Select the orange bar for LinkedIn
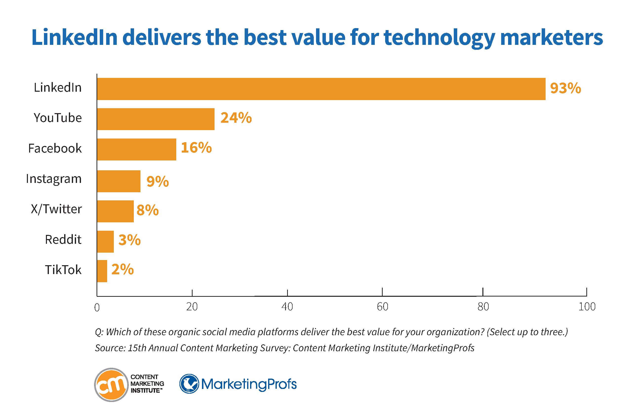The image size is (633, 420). coord(321,89)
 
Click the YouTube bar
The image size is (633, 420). coord(156,119)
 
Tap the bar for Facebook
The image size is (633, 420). coord(137,149)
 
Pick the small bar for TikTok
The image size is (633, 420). coord(102,271)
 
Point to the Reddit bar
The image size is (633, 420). coord(105,242)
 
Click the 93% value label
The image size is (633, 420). coord(565,88)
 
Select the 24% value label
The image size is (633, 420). coord(236,118)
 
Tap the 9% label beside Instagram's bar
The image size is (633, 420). coord(158,181)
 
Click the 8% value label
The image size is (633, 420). coord(148,210)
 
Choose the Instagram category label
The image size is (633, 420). coord(54,179)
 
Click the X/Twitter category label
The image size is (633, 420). coord(56,209)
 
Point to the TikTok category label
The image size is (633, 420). coord(63,270)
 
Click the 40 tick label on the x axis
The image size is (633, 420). coord(287,307)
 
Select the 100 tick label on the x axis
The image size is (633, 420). coord(587,307)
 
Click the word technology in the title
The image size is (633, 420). coord(439,37)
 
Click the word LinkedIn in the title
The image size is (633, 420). coord(75,37)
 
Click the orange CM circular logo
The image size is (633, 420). coord(111,385)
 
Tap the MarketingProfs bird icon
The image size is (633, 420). coord(189,384)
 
